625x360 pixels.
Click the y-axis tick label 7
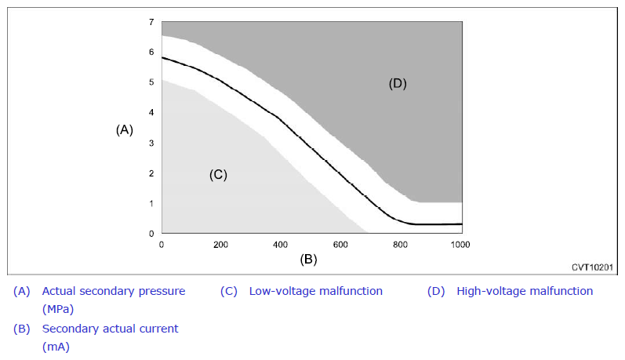tap(151, 22)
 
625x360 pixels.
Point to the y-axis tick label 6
tap(151, 52)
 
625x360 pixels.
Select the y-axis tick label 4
tap(151, 112)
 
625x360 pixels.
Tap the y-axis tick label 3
tap(151, 143)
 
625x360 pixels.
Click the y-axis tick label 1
tap(151, 203)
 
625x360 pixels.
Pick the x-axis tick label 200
tap(220, 245)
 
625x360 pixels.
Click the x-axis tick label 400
tap(280, 245)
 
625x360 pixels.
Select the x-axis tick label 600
tap(340, 245)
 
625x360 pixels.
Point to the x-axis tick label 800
tap(400, 245)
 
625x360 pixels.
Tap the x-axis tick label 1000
tap(460, 245)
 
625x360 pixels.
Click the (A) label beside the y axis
tap(125, 129)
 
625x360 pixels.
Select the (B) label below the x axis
tap(308, 259)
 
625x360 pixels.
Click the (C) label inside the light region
tap(219, 175)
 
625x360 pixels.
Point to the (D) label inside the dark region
tap(398, 83)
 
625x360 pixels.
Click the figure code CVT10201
tap(592, 267)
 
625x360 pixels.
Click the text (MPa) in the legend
tap(58, 309)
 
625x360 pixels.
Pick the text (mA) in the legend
tap(56, 347)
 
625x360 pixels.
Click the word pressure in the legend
tap(162, 292)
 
